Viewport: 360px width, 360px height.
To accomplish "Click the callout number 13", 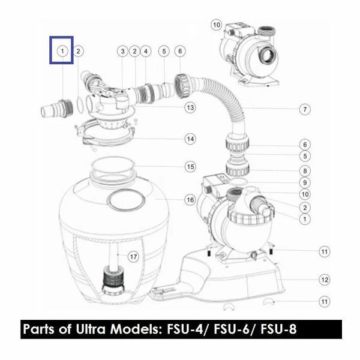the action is (x=190, y=107).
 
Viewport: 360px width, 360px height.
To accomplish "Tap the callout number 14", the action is (x=190, y=139).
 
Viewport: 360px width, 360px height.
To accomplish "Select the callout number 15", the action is (x=190, y=167).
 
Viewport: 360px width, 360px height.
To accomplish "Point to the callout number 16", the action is (x=190, y=200).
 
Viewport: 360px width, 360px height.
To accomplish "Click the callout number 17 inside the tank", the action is (x=133, y=256).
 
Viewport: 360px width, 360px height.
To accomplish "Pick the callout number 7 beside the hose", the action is (x=305, y=109).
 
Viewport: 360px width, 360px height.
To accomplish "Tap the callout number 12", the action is (x=325, y=280).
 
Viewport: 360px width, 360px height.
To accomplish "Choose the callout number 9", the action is (x=305, y=183).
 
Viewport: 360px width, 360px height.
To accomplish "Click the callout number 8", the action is (x=305, y=171).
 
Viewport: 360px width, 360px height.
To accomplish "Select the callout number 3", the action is (x=122, y=51).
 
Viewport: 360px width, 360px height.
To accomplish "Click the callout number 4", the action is (x=146, y=51).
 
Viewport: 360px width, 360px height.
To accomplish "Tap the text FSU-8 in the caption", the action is (x=278, y=329).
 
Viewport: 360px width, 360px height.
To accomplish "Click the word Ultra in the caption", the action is (x=91, y=329).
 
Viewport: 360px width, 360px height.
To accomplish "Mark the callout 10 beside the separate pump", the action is (x=217, y=25).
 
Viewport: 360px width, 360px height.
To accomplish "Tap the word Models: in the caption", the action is (x=136, y=329).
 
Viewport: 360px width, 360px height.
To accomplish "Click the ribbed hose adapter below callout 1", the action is (x=57, y=109).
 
